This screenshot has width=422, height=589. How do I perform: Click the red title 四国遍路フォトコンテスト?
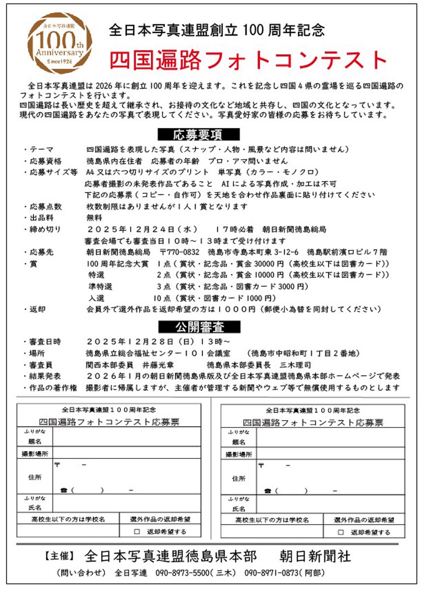(249, 60)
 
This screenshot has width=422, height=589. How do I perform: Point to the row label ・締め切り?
(46, 230)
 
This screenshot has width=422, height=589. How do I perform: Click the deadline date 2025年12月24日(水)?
(142, 230)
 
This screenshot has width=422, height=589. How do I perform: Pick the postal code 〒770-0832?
(180, 252)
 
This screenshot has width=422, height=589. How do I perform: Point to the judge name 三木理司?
(295, 365)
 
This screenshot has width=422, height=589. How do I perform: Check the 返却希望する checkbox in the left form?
(137, 532)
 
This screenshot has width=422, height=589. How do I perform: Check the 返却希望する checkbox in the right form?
(341, 532)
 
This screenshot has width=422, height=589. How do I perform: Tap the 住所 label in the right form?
(239, 479)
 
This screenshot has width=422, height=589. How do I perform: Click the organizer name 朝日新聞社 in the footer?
(315, 556)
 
